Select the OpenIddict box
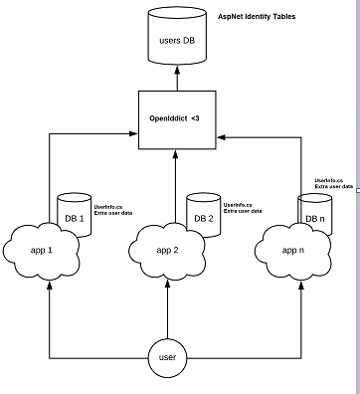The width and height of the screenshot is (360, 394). pos(175,119)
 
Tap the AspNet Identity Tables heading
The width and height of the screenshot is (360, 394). pos(257,17)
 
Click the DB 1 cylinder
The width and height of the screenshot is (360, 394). pos(75,216)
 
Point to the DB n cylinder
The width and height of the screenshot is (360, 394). pos(315,216)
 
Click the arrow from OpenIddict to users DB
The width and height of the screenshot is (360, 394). pos(175,77)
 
